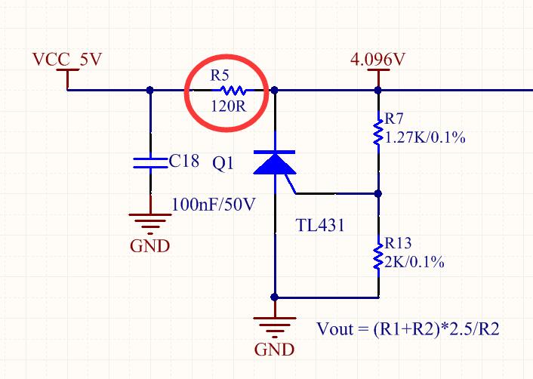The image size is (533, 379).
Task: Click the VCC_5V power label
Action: [x=67, y=60]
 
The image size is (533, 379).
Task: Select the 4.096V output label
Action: [x=378, y=60]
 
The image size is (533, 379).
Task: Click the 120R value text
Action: [x=228, y=106]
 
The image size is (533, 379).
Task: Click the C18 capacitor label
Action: [x=184, y=161]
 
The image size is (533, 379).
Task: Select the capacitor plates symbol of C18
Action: [x=149, y=162]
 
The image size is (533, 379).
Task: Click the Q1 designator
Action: [x=224, y=164]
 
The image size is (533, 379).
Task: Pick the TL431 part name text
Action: [x=319, y=224]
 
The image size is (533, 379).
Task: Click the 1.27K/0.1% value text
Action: [x=424, y=138]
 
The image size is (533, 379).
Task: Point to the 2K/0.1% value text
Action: [x=414, y=262]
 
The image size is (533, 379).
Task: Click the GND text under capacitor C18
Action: [x=149, y=246]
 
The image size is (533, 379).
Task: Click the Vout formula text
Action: [x=408, y=329]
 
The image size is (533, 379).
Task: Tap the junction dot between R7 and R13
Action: [x=378, y=193]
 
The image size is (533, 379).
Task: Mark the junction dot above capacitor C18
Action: [x=149, y=90]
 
